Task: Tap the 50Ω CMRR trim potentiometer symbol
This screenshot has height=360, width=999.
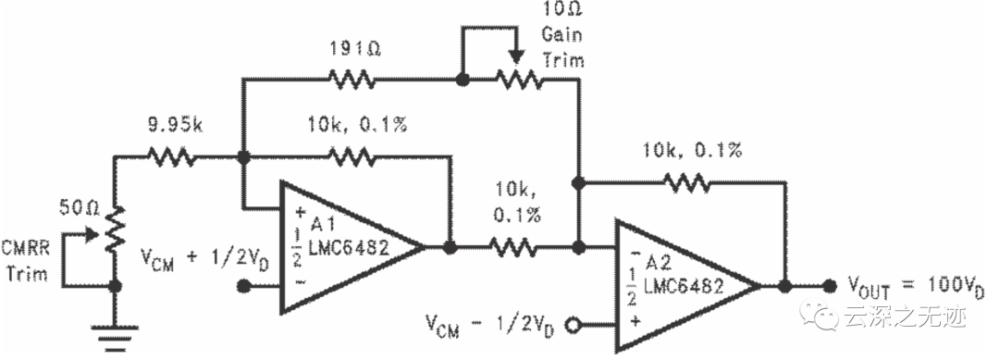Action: click(115, 230)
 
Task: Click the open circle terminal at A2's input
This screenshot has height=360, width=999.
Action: click(574, 325)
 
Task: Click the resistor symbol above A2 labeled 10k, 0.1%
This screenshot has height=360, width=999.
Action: click(685, 184)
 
